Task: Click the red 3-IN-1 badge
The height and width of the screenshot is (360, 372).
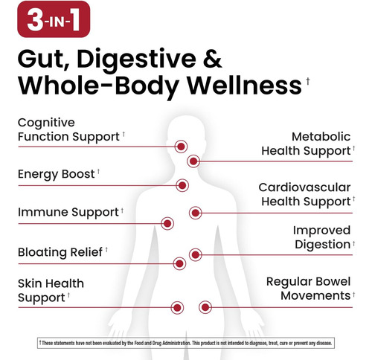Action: tap(54, 19)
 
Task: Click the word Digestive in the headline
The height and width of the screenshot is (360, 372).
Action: tap(136, 60)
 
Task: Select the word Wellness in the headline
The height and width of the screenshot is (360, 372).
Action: tap(244, 86)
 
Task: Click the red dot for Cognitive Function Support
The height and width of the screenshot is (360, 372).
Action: tap(181, 147)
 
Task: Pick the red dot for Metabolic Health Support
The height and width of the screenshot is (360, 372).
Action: tap(193, 161)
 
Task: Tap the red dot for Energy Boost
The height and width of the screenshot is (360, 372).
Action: tap(182, 185)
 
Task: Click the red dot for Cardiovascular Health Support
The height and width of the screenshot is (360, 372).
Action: tap(196, 213)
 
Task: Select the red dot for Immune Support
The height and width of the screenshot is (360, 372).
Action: tap(167, 224)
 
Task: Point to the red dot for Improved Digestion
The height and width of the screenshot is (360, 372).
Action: tap(196, 254)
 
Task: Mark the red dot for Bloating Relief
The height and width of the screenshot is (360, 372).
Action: tap(179, 263)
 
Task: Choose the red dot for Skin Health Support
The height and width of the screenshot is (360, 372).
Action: tap(177, 308)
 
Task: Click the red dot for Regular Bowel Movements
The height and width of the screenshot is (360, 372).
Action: tap(205, 307)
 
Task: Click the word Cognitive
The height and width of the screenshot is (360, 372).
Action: tap(46, 123)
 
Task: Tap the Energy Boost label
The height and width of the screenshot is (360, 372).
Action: tap(57, 174)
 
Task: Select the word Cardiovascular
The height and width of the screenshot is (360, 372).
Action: tap(304, 187)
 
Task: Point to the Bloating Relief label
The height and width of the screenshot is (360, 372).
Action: tap(60, 252)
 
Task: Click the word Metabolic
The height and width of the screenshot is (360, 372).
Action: tap(321, 137)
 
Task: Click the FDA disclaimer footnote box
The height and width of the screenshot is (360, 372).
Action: tap(186, 343)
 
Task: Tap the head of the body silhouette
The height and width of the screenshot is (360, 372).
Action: tap(187, 132)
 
